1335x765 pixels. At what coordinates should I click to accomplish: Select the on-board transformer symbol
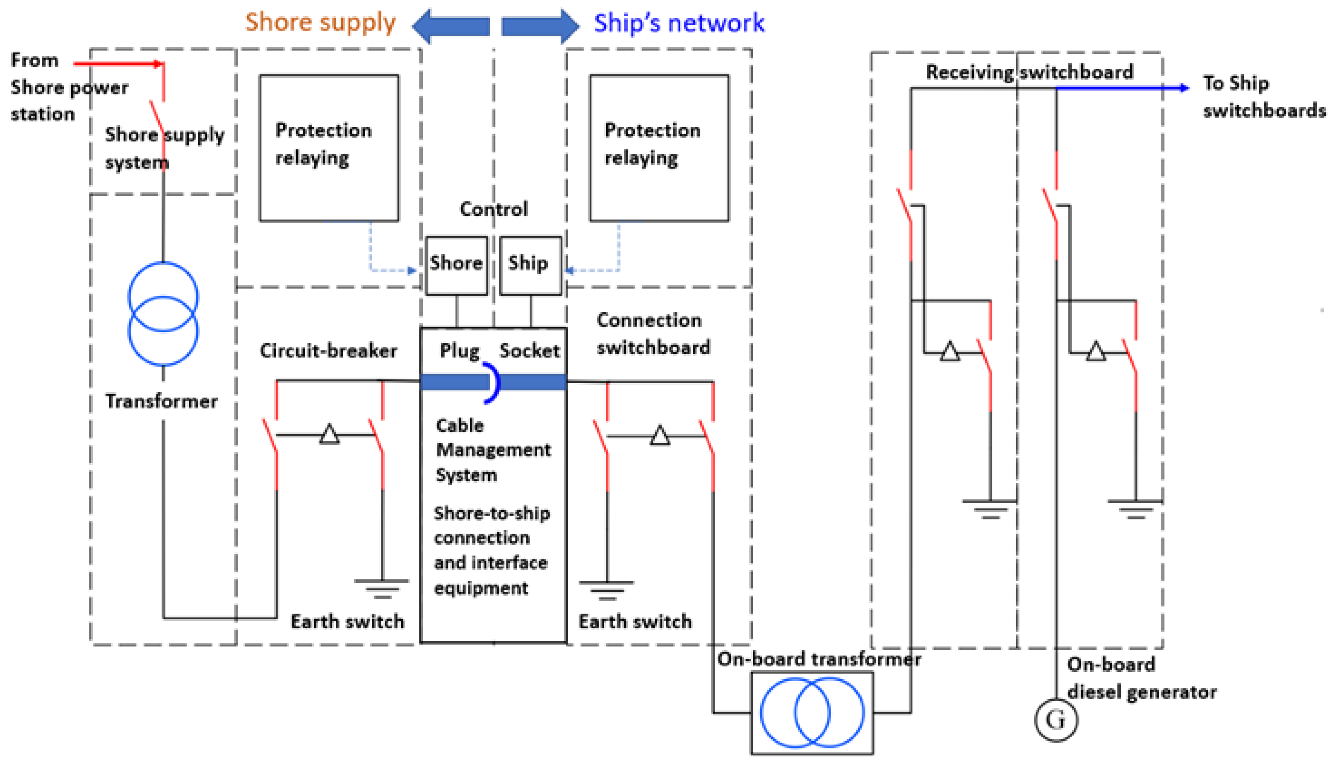(x=812, y=712)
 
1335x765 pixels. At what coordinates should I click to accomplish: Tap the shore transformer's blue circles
(x=163, y=314)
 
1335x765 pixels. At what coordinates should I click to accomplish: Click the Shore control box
(x=456, y=265)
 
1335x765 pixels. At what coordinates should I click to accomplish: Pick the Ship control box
(x=530, y=265)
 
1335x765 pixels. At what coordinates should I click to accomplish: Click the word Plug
(x=460, y=350)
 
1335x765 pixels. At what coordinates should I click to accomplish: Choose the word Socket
(x=529, y=350)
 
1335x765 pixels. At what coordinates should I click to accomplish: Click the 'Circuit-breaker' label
(x=328, y=350)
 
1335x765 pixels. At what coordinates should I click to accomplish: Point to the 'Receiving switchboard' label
(x=1029, y=72)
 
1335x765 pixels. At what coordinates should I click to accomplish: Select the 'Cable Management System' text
(x=493, y=450)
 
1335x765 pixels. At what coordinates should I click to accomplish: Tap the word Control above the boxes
(x=493, y=209)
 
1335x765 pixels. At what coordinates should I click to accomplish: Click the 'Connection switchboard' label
(x=653, y=334)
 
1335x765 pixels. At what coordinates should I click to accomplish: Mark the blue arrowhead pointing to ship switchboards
(x=1184, y=88)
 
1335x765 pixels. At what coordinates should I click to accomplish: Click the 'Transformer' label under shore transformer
(x=161, y=401)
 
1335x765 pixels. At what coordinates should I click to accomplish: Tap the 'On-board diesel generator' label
(x=1141, y=678)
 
